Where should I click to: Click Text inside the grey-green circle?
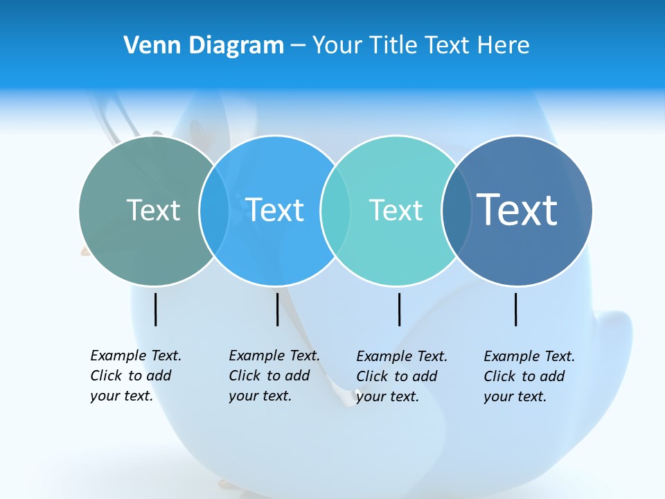click(153, 210)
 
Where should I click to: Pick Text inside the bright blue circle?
click(274, 210)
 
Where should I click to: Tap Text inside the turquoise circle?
click(396, 210)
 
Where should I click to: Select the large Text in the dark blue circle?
click(517, 210)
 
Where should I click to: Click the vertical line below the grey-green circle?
click(156, 309)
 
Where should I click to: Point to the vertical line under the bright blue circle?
click(277, 309)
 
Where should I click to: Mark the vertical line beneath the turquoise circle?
click(399, 309)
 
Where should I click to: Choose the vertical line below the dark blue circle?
click(516, 309)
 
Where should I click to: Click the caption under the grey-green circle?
click(136, 376)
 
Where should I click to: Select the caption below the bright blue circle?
click(274, 376)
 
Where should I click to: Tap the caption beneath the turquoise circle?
click(402, 376)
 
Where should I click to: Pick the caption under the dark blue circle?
click(529, 376)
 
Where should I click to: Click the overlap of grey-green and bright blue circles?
click(214, 210)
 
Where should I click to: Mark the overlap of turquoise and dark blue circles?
click(456, 210)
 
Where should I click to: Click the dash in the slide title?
click(298, 46)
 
